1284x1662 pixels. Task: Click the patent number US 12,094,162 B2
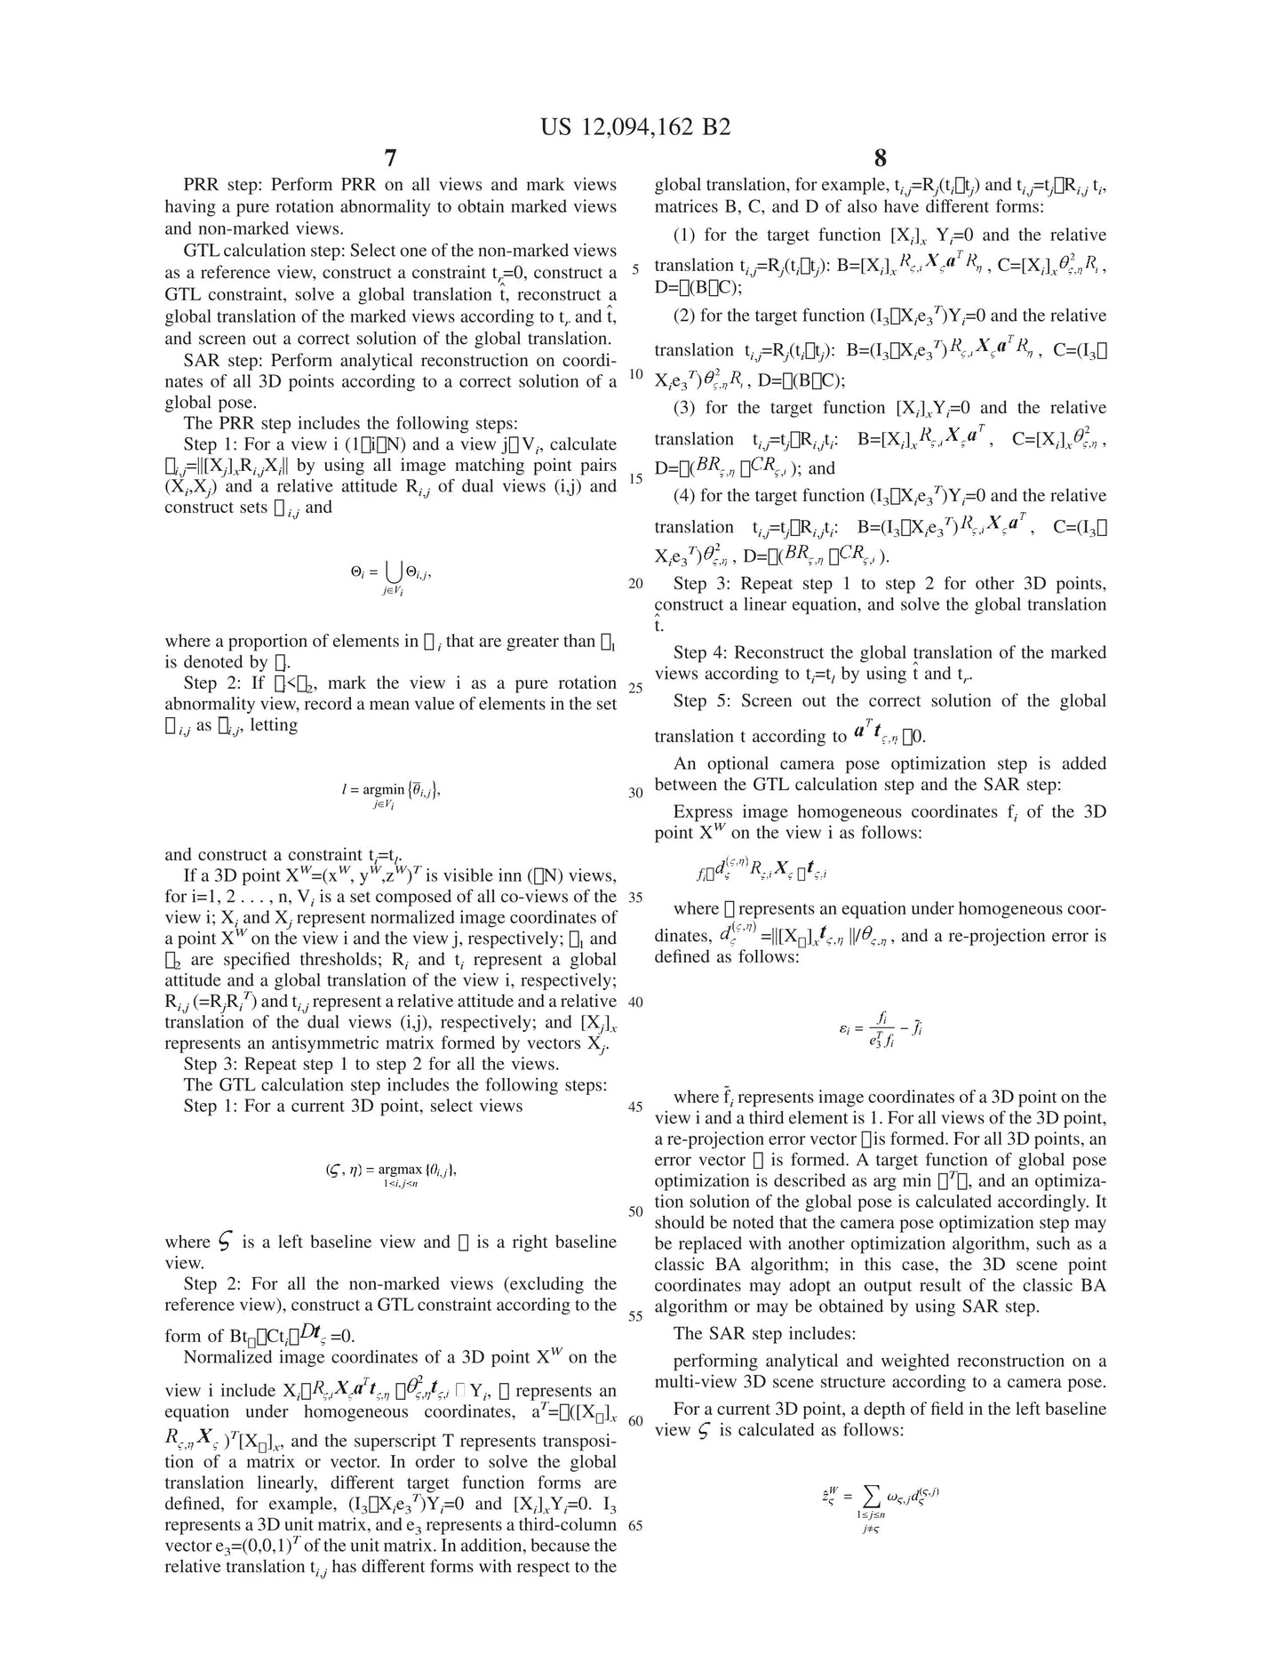(x=635, y=127)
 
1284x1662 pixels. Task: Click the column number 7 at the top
(x=390, y=158)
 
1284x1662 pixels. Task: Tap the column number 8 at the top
(x=880, y=158)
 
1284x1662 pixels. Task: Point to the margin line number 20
(x=635, y=584)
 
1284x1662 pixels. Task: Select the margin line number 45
(x=635, y=1107)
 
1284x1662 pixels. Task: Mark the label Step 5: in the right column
(x=702, y=700)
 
